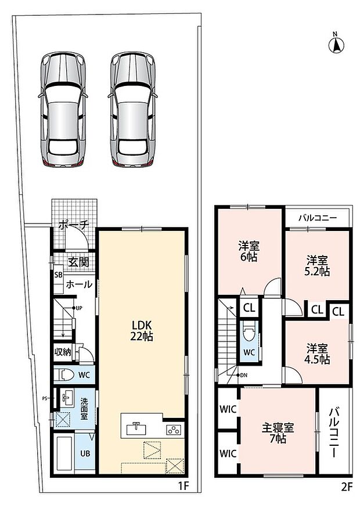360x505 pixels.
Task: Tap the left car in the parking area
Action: (63, 110)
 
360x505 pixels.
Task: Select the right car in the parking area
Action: (133, 110)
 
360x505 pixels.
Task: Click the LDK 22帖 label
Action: (141, 330)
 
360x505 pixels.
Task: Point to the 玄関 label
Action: (78, 262)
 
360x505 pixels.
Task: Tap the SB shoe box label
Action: (59, 275)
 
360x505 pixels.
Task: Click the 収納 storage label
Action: (62, 352)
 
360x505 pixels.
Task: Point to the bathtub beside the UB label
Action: (64, 453)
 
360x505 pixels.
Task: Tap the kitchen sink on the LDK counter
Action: (137, 429)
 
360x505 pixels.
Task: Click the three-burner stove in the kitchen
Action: (174, 430)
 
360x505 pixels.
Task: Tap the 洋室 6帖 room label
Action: (249, 251)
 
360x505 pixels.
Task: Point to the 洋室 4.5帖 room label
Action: (317, 353)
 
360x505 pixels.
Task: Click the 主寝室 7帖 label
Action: (278, 433)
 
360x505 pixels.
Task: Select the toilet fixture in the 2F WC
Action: (249, 331)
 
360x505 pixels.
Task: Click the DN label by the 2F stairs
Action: (244, 375)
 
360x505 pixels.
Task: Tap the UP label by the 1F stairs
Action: (79, 308)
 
